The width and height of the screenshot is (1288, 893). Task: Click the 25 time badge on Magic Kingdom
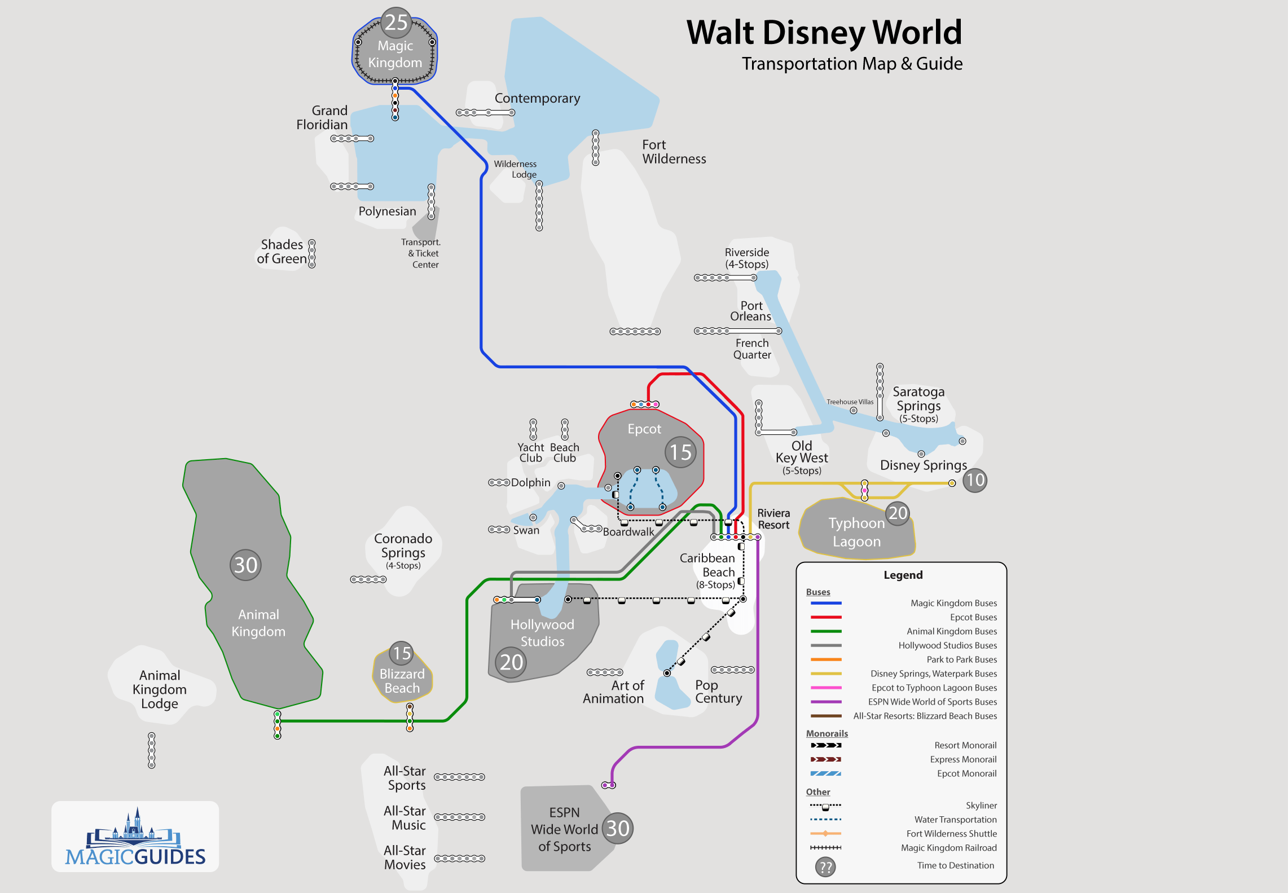[x=396, y=23]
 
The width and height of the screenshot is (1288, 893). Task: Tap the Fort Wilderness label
[x=674, y=152]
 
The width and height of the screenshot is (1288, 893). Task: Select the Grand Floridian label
[x=322, y=117]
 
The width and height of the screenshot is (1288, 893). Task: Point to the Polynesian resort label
[x=387, y=212]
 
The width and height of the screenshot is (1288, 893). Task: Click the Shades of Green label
[x=282, y=252]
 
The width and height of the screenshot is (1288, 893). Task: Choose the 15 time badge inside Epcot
[x=680, y=452]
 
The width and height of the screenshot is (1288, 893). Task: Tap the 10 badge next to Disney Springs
[x=974, y=480]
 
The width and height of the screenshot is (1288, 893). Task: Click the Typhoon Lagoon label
[x=856, y=532]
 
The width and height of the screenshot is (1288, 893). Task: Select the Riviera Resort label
[x=773, y=519]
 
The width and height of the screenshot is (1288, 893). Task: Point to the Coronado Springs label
[x=403, y=546]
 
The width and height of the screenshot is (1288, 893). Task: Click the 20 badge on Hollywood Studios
[x=511, y=662]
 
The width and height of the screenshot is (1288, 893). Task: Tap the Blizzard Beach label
[x=402, y=681]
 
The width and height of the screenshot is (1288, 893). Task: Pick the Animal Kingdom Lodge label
[x=160, y=689]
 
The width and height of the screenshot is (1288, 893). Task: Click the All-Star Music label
[x=405, y=818]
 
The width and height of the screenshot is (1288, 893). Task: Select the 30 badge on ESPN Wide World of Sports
[x=618, y=828]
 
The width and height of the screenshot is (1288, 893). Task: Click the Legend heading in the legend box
[x=903, y=575]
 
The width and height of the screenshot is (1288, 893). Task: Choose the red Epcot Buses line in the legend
[x=826, y=617]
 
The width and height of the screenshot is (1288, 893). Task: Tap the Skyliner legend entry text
[x=981, y=806]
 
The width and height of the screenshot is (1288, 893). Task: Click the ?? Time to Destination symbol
[x=825, y=867]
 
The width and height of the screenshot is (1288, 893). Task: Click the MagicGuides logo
[x=135, y=837]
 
